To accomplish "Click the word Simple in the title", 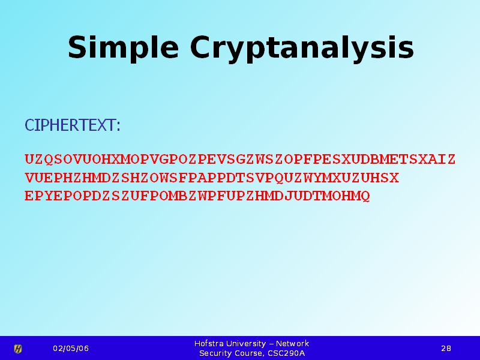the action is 123,48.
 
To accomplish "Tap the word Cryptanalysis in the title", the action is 302,49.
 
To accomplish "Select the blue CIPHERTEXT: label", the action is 73,125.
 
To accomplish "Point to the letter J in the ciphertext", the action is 289,196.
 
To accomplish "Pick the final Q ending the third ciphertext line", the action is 365,196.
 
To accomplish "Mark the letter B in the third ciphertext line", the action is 183,196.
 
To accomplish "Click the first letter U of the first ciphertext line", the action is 29,159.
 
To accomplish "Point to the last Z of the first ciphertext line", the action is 451,159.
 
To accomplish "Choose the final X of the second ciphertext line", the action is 394,178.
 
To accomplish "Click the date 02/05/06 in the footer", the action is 71,349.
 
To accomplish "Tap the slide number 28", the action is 446,349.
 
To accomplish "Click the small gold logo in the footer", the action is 18,349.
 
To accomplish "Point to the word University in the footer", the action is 246,344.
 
